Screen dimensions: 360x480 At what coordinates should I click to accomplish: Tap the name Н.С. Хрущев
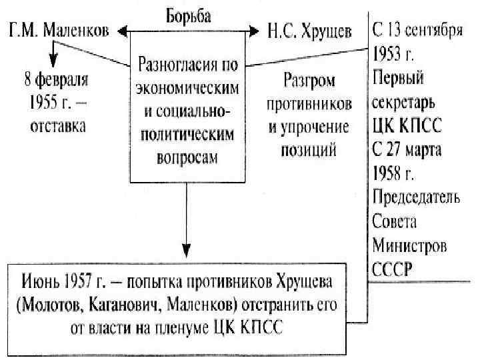pos(309,32)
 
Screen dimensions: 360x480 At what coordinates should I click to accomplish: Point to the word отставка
pos(57,125)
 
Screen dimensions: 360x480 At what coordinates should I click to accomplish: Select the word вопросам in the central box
pos(187,159)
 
